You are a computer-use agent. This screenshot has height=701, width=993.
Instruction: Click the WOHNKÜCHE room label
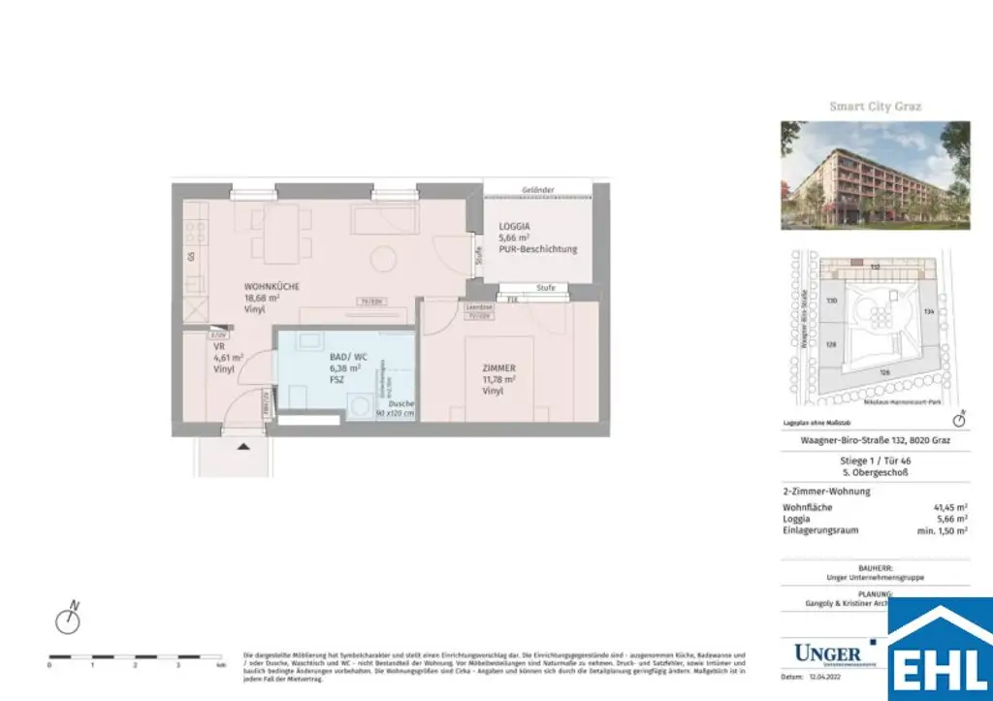(272, 287)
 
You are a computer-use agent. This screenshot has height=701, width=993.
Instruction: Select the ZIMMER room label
(496, 368)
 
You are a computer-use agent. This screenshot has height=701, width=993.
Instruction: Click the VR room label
(219, 345)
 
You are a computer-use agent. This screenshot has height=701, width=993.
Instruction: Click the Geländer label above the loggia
(537, 190)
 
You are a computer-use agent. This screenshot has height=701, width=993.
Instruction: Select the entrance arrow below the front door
(243, 445)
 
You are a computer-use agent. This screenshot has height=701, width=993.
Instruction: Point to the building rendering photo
(875, 175)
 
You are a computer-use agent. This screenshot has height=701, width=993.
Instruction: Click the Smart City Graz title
(875, 107)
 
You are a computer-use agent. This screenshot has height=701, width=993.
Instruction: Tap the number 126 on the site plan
(883, 372)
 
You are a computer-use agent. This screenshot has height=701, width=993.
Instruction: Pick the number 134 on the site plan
(928, 311)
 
